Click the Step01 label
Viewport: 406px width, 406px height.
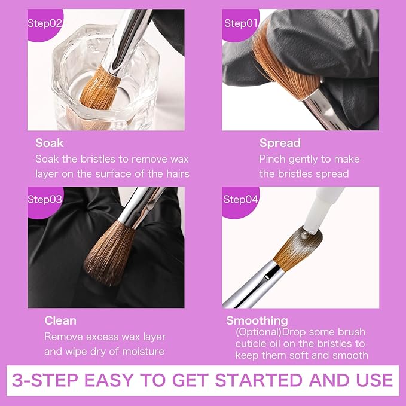point(240,23)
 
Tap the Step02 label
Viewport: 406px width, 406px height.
point(45,23)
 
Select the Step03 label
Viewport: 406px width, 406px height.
point(45,199)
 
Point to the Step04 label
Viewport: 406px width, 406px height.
point(240,199)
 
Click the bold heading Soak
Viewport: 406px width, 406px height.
point(50,143)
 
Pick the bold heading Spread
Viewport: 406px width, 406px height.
point(280,143)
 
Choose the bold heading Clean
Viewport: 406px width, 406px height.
point(60,320)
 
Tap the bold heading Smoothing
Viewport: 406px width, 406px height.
point(257,320)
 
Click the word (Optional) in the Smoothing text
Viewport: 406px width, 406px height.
point(258,332)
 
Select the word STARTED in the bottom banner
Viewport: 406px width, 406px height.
point(259,380)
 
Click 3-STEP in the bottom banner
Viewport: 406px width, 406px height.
point(45,380)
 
